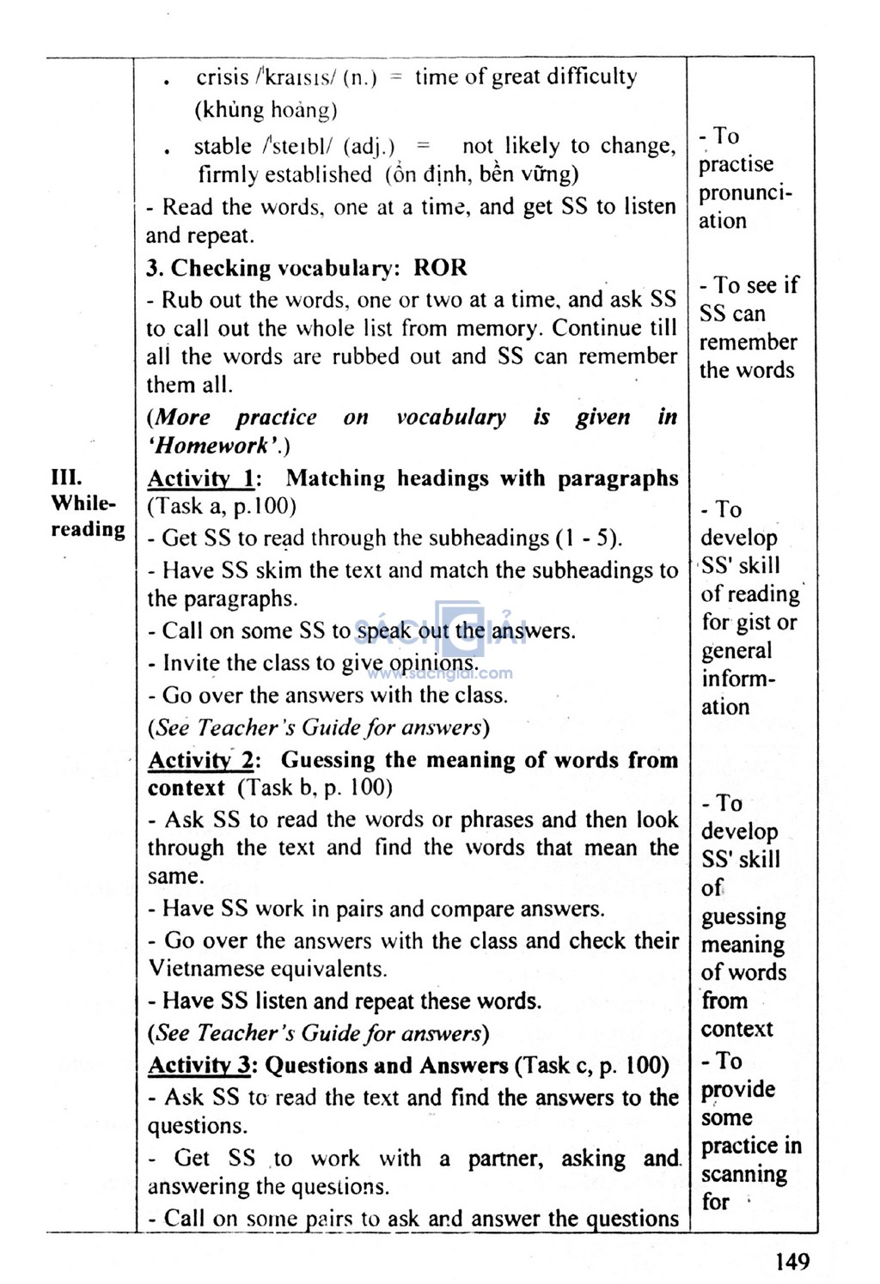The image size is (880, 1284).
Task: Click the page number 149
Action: pyautogui.click(x=791, y=1261)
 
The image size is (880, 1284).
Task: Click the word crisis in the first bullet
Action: pyautogui.click(x=222, y=77)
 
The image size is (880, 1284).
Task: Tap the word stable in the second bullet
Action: pyautogui.click(x=222, y=146)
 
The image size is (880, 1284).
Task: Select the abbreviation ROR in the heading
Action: pyautogui.click(x=440, y=268)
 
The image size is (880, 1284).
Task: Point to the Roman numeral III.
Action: pyautogui.click(x=66, y=478)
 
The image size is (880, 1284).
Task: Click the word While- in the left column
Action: pyautogui.click(x=82, y=503)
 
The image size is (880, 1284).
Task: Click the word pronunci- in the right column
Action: pyautogui.click(x=745, y=192)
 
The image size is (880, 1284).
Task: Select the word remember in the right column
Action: pyautogui.click(x=748, y=342)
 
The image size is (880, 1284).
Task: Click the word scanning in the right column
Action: pyautogui.click(x=743, y=1174)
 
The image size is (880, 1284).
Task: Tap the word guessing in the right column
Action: pyautogui.click(x=743, y=916)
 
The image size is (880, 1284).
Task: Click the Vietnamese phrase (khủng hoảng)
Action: pyautogui.click(x=266, y=110)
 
